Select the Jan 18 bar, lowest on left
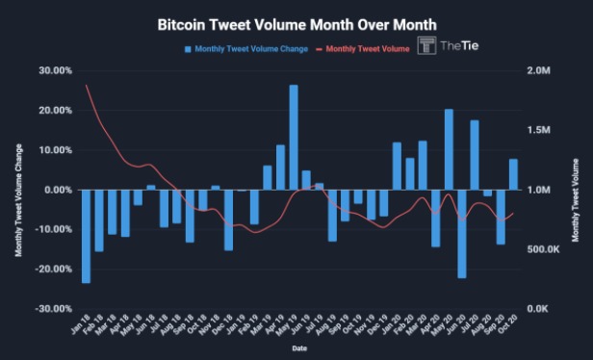tap(86, 236)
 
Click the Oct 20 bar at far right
tap(513, 174)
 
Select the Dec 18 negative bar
tap(228, 219)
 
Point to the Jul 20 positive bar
tap(475, 155)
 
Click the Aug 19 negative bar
tap(332, 215)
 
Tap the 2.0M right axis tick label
tap(536, 70)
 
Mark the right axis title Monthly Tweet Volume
tap(575, 190)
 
